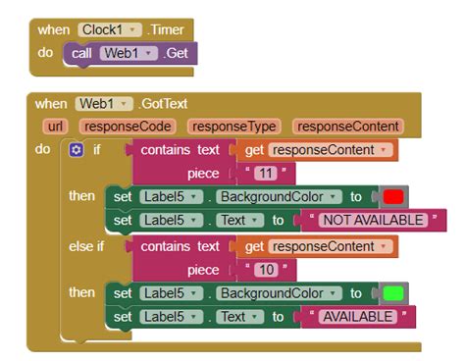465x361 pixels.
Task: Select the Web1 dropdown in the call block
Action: [129, 53]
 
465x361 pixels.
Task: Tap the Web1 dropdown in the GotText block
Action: [104, 104]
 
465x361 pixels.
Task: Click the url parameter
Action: [54, 126]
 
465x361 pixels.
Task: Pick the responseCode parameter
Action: [128, 126]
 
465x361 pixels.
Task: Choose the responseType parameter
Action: [234, 126]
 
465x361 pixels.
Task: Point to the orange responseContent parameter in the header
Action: [347, 126]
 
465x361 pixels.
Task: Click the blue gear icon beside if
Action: [77, 150]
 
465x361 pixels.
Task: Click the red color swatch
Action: [393, 196]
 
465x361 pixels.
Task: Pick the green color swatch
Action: [394, 292]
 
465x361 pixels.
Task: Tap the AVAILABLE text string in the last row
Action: [357, 316]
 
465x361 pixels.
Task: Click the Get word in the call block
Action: [178, 53]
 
